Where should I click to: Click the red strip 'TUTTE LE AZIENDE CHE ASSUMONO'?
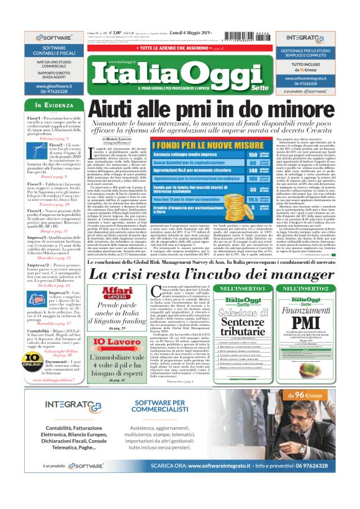coord(179,47)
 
